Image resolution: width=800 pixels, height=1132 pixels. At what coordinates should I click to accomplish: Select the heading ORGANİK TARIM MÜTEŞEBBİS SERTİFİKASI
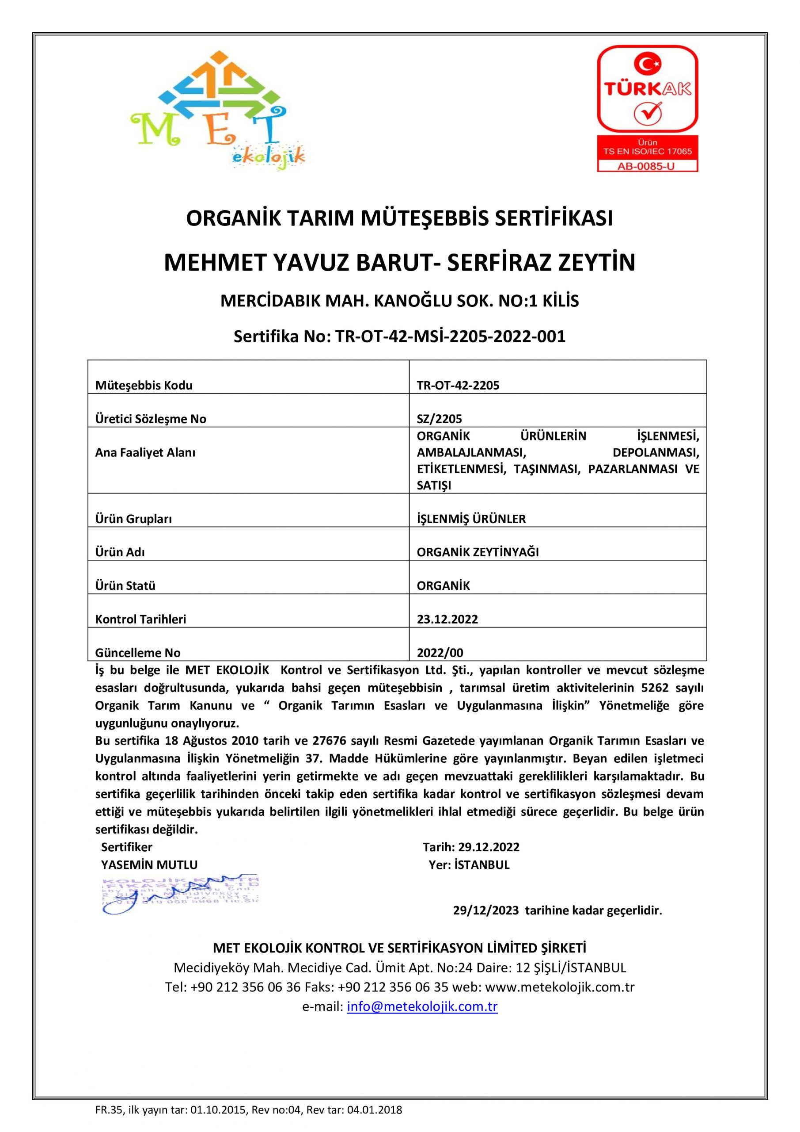coord(399,218)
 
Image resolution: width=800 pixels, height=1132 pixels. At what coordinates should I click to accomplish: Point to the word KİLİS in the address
coord(560,301)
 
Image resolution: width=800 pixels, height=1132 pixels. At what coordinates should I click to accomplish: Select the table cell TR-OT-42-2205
coord(458,386)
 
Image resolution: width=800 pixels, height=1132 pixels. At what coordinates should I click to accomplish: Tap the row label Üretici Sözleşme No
coord(150,419)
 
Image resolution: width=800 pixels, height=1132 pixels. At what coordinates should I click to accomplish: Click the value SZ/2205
coord(440,419)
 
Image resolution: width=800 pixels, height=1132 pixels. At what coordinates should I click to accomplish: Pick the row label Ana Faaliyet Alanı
coord(145,453)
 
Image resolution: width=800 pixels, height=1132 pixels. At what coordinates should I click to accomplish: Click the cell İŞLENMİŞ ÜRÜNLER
coord(471,519)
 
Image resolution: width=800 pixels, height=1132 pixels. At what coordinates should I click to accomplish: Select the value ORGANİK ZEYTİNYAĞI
coord(478,552)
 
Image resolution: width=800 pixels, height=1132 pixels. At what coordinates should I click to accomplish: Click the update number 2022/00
coord(440,653)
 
